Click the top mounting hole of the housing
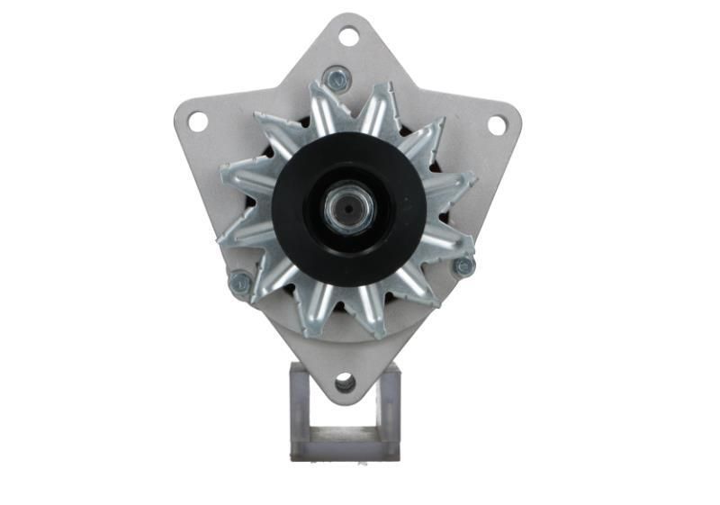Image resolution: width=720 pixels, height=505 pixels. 348,37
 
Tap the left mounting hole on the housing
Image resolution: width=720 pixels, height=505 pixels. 197,121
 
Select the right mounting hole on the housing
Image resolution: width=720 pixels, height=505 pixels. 497,125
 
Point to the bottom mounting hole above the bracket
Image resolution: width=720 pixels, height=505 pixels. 345,383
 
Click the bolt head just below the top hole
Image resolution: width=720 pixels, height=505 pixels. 337,79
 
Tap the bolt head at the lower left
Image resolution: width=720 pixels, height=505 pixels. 239,284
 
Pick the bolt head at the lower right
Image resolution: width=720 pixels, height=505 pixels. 463,266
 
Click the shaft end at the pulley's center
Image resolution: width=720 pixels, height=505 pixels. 349,210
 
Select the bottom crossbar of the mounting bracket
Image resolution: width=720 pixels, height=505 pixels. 345,447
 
